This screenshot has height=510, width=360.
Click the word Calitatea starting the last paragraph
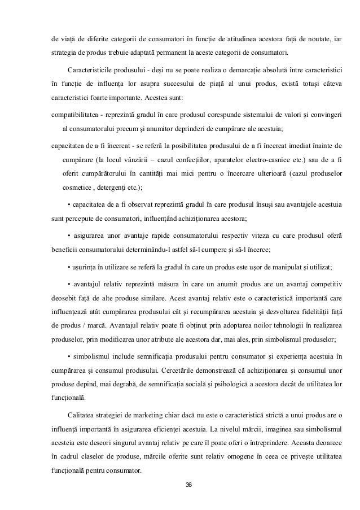point(84,414)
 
